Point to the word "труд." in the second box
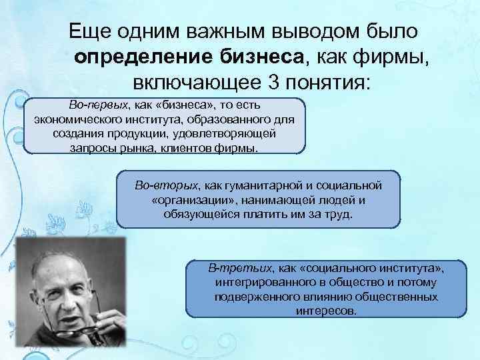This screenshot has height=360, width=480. coord(338,214)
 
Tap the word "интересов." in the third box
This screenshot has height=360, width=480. coord(325,311)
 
